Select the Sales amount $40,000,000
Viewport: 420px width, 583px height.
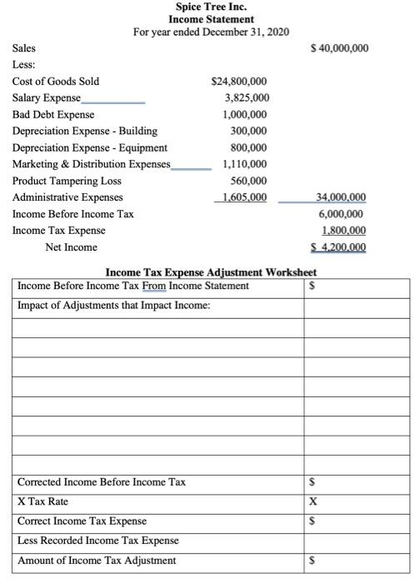point(338,48)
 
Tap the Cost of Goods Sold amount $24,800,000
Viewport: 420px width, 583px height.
point(240,81)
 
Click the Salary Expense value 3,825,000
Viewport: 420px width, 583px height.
point(246,97)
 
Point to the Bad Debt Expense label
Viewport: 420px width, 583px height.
point(53,114)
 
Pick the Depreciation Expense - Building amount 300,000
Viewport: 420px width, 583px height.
point(249,131)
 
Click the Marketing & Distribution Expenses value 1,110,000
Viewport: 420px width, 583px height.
point(245,164)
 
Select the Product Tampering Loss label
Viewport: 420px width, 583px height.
point(67,181)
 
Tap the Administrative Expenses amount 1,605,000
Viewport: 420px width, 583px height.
point(240,197)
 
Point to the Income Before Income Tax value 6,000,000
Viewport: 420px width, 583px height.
point(342,214)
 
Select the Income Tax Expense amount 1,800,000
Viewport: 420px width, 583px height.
point(342,231)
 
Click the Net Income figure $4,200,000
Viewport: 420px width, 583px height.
point(338,247)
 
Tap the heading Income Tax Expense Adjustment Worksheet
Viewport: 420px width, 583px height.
point(211,272)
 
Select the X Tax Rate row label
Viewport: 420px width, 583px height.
point(43,501)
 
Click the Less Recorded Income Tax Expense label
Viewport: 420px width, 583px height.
point(98,541)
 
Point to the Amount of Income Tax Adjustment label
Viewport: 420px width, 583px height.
point(97,561)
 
